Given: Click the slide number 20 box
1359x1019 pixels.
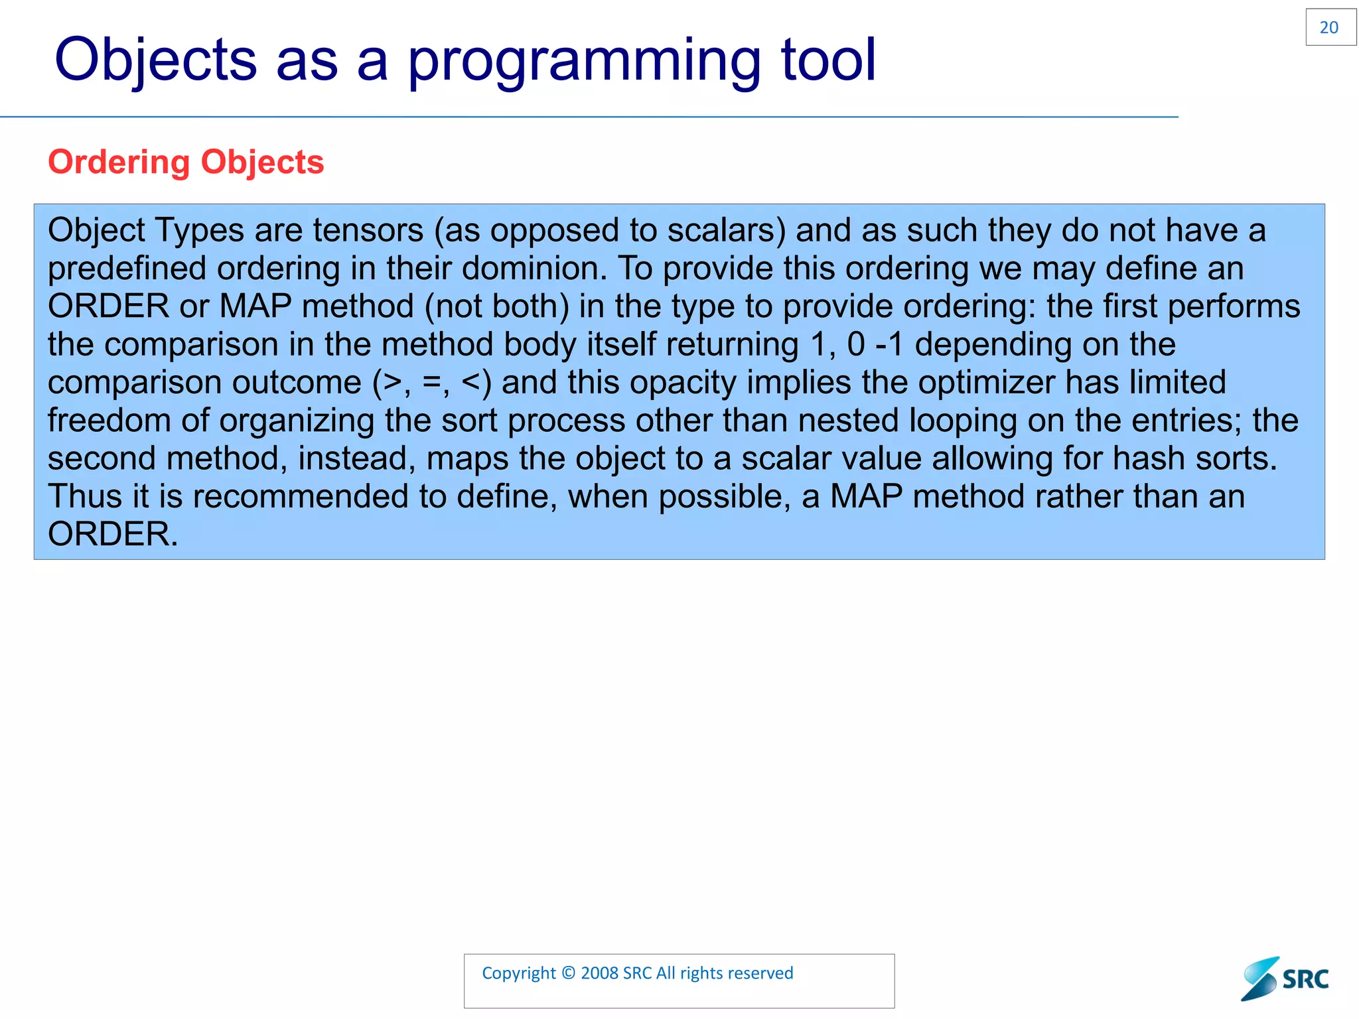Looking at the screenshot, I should pos(1330,27).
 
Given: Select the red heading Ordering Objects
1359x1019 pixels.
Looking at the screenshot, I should pos(186,162).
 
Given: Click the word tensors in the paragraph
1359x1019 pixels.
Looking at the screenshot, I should pos(368,230).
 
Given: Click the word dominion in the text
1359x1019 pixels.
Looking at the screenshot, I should pos(534,269).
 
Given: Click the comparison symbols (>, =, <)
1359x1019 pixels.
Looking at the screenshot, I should pos(432,383).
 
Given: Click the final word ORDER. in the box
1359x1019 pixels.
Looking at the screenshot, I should pos(113,535).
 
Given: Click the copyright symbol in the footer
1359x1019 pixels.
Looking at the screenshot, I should pos(568,973).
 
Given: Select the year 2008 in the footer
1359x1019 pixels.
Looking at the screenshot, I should pos(599,973).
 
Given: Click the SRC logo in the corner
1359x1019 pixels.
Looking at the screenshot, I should pos(1285,979).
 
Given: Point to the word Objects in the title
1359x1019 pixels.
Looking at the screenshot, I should pos(155,61).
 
